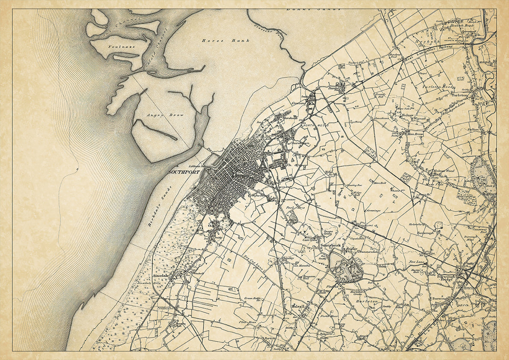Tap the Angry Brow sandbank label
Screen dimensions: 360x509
tap(159, 115)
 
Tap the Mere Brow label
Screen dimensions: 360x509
tap(415, 134)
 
